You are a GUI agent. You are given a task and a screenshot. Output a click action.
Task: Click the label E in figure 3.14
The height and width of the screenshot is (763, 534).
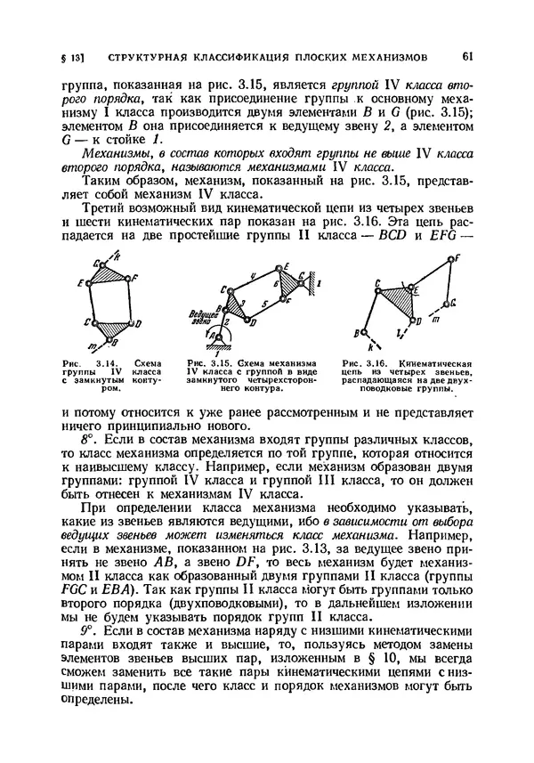[81, 283]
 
